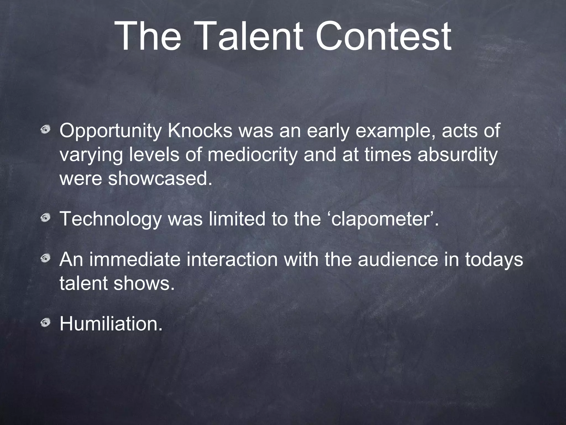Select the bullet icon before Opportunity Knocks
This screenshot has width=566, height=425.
(x=45, y=129)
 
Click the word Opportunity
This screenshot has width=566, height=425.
(x=110, y=131)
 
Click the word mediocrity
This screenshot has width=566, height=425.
(x=252, y=155)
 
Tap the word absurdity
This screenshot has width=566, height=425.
(x=457, y=155)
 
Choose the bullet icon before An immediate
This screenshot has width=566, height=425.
(x=45, y=258)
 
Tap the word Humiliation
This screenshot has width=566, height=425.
(x=111, y=324)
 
